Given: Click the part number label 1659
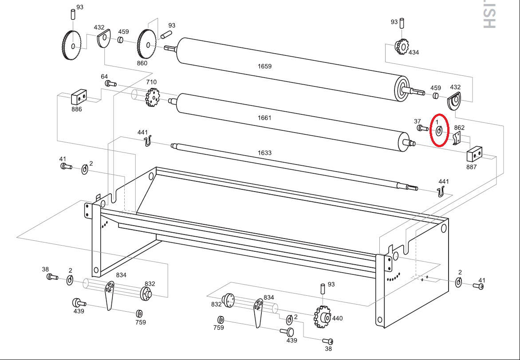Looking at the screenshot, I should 264,67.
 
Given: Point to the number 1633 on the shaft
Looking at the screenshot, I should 264,153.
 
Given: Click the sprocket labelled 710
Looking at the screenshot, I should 153,97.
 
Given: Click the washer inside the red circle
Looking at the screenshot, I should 438,131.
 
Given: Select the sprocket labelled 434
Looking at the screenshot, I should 402,47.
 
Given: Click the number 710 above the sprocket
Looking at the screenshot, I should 151,82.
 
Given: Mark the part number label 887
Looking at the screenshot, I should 471,167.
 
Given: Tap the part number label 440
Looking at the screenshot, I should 337,318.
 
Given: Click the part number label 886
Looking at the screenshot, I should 77,110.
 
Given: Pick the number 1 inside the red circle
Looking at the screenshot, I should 437,121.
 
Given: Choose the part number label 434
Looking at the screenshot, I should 414,53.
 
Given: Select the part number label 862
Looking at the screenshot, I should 459,128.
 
